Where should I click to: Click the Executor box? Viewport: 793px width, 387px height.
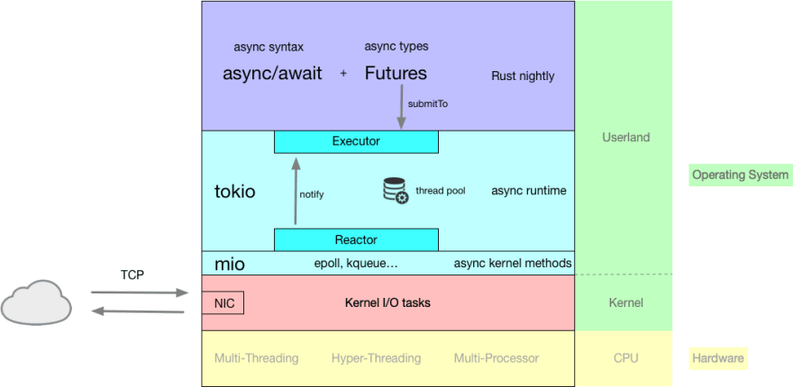point(356,141)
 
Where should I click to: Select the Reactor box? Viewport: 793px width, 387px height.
point(356,239)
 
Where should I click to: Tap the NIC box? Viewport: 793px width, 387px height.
point(224,303)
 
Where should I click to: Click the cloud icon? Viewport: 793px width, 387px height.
point(37,302)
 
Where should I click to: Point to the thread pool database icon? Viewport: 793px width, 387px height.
point(396,191)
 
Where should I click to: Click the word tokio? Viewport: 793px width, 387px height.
point(235,191)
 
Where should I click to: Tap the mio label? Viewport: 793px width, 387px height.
point(230,264)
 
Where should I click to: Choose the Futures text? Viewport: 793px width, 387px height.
point(396,74)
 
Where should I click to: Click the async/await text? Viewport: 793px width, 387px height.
point(272,74)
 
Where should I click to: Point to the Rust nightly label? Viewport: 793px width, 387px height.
point(523,76)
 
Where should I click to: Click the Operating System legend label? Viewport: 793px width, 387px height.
point(740,175)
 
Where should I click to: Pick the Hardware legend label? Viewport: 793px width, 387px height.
point(718,358)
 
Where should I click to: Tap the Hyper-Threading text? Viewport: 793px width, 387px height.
point(376,358)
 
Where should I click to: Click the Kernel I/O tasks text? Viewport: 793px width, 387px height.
point(387,302)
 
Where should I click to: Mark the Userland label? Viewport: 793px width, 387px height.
point(625,138)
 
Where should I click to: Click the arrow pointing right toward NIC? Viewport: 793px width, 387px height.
point(140,292)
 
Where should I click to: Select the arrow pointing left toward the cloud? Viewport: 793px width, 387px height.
point(140,311)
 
